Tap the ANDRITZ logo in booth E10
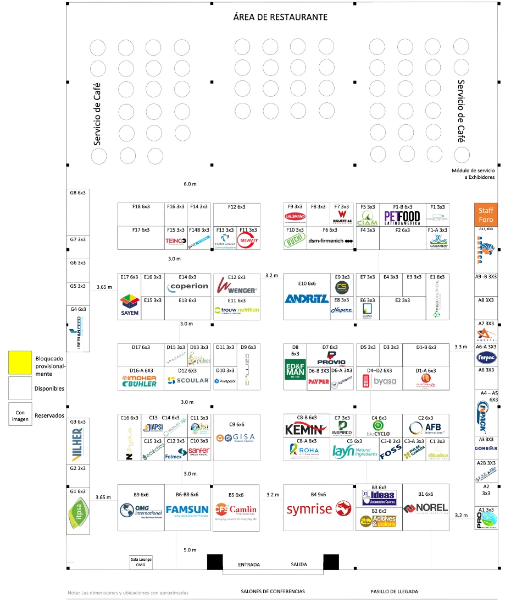click(307, 299)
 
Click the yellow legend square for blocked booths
click(20, 363)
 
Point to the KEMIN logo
click(307, 429)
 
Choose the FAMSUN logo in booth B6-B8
click(187, 510)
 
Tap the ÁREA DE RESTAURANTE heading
click(280, 17)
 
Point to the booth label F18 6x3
click(141, 206)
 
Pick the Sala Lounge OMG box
click(141, 562)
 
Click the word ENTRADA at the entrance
click(248, 565)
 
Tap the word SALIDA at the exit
click(299, 565)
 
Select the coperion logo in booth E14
click(188, 286)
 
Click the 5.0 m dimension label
click(190, 550)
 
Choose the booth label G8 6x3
click(77, 193)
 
